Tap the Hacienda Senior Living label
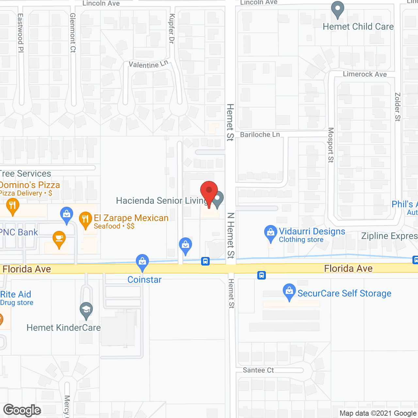tap(162, 201)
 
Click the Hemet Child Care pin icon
tap(338, 9)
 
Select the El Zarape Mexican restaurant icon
tap(86, 220)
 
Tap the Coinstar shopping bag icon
tap(142, 262)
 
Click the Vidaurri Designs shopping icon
tap(270, 233)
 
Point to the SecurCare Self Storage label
tap(344, 293)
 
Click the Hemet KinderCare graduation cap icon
tap(86, 310)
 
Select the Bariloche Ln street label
tap(260, 135)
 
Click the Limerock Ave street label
tap(365, 74)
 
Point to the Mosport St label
tap(331, 145)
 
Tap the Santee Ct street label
tap(258, 370)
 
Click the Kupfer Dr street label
tap(172, 29)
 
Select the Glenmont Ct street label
tap(73, 33)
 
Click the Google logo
tap(22, 410)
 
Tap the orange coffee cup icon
tap(59, 239)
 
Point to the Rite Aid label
tap(16, 294)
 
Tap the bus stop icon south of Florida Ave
tap(262, 275)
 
